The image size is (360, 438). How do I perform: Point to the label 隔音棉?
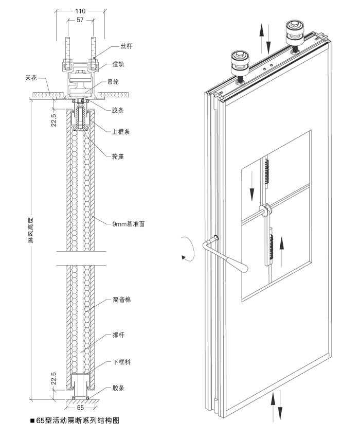tap(121, 299)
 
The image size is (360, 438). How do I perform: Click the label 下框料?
tap(121, 362)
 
